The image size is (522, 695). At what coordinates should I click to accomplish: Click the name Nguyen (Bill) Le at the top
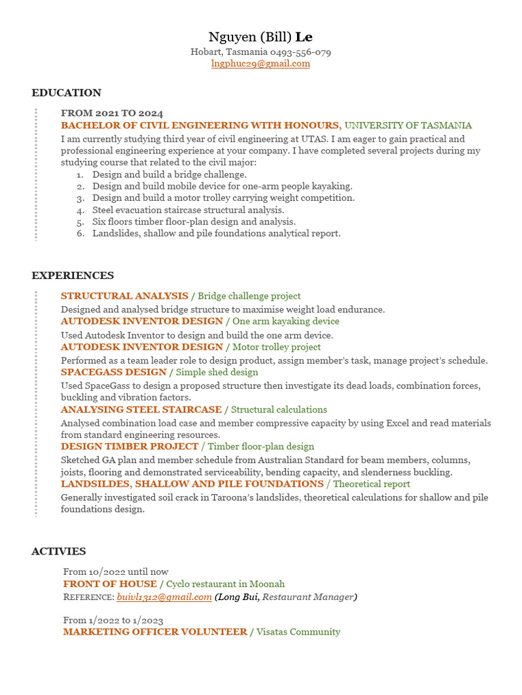pyautogui.click(x=260, y=37)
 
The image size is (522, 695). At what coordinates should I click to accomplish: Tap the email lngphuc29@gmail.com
pyautogui.click(x=260, y=64)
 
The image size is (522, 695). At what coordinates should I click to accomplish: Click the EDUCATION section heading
pyautogui.click(x=66, y=93)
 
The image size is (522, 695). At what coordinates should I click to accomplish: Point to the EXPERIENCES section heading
pyautogui.click(x=73, y=276)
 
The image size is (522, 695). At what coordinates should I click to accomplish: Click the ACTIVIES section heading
pyautogui.click(x=58, y=551)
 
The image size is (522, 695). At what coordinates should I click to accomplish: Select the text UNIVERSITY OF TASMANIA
pyautogui.click(x=408, y=126)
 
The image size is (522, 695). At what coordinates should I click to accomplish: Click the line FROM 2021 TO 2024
pyautogui.click(x=111, y=113)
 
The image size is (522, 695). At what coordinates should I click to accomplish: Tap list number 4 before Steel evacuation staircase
pyautogui.click(x=80, y=210)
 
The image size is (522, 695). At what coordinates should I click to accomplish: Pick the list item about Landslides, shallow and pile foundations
pyautogui.click(x=216, y=233)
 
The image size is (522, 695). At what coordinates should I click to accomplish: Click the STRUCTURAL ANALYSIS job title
pyautogui.click(x=124, y=296)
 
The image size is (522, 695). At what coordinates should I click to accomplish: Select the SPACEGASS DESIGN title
pyautogui.click(x=114, y=372)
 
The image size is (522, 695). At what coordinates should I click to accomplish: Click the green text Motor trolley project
pyautogui.click(x=277, y=347)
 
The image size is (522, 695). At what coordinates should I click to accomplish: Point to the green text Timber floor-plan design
pyautogui.click(x=261, y=447)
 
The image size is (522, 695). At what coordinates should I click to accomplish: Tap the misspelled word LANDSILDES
pyautogui.click(x=96, y=484)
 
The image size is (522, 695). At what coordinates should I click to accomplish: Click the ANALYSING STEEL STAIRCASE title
pyautogui.click(x=141, y=409)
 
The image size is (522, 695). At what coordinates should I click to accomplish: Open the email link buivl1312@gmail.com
pyautogui.click(x=164, y=597)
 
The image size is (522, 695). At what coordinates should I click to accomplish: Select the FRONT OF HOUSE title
pyautogui.click(x=109, y=584)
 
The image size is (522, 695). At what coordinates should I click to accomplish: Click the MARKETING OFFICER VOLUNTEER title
pyautogui.click(x=155, y=632)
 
